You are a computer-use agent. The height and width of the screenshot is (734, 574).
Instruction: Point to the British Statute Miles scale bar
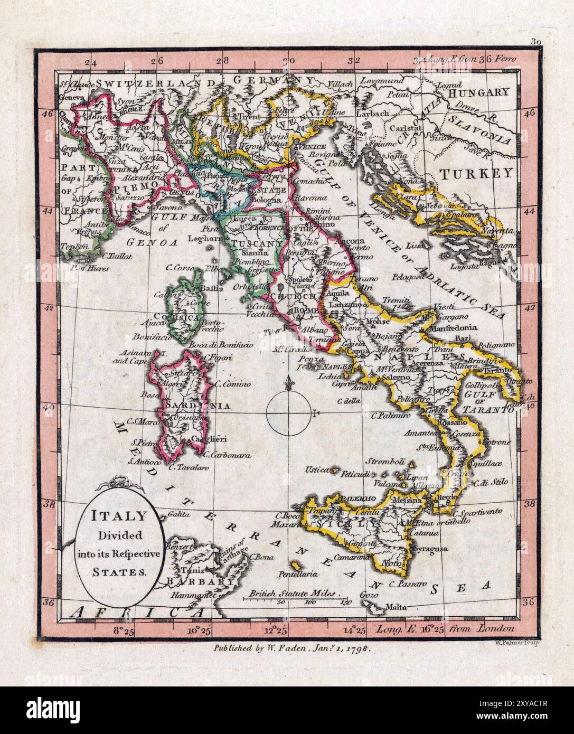295,597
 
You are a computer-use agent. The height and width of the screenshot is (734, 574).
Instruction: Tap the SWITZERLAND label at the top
157,83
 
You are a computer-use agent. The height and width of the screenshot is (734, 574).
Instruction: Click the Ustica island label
317,469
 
